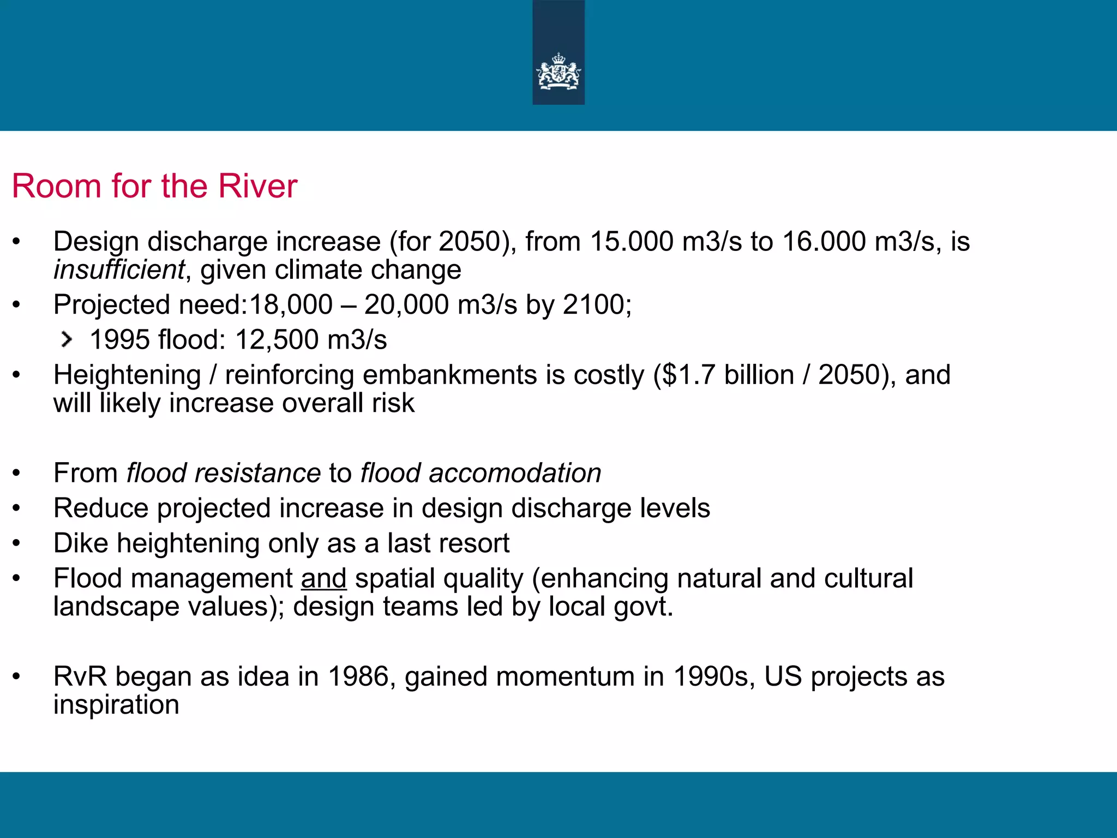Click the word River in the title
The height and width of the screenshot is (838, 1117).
(257, 186)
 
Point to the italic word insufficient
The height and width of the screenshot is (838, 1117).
(119, 270)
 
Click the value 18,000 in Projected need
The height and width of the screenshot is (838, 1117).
(291, 304)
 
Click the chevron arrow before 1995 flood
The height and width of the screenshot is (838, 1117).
(67, 339)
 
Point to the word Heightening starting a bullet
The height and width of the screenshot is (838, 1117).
(127, 375)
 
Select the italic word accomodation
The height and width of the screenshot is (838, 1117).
(515, 473)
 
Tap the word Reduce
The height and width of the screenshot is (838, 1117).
(101, 508)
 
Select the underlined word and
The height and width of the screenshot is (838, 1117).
(323, 578)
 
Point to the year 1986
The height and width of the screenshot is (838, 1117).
(358, 677)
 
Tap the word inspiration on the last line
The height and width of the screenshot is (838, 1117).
(116, 705)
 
